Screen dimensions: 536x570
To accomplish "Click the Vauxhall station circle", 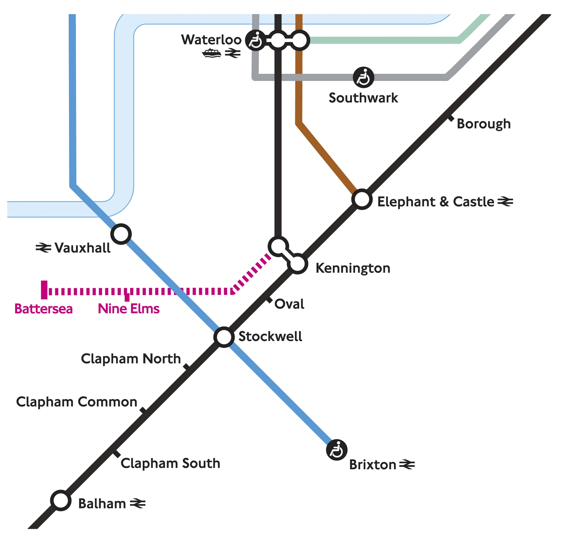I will (121, 234).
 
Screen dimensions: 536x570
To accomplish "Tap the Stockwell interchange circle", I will (224, 337).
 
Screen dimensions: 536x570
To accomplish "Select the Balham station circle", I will (61, 500).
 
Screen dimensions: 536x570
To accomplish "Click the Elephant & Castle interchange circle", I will (362, 199).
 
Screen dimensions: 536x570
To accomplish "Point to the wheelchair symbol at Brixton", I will (337, 450).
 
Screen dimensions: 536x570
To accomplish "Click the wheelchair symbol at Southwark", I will (363, 78).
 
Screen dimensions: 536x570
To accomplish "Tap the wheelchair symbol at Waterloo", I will (255, 40).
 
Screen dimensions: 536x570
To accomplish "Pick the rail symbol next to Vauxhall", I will (43, 248).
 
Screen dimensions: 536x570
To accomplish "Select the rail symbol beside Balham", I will (138, 503).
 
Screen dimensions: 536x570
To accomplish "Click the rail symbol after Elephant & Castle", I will (505, 202).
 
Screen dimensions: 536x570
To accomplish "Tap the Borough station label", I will (484, 124).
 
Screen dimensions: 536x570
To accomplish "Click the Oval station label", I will (289, 304).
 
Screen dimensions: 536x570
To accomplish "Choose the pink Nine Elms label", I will (129, 309).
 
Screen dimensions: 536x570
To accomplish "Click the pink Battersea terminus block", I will (44, 290).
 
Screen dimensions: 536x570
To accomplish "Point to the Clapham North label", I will (131, 359).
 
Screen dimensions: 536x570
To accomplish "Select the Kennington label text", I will (353, 268).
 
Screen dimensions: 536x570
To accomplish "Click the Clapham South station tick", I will (116, 454).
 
